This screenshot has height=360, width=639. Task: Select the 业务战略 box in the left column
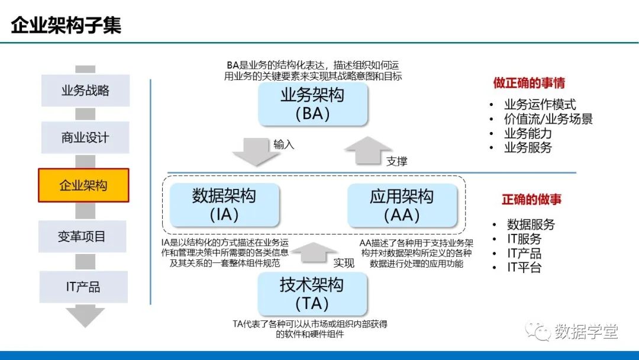85,91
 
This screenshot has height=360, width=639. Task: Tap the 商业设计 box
85,137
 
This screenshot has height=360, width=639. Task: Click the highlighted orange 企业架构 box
83,185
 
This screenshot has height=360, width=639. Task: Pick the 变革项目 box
82,237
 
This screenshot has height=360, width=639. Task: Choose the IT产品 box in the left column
83,287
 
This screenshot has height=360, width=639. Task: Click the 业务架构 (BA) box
312,104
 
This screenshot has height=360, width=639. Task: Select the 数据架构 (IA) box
224,205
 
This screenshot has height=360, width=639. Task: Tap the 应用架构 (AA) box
402,205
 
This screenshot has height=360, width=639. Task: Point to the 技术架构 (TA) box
312,294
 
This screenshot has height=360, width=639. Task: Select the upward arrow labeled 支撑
368,150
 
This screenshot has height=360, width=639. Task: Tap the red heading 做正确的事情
529,83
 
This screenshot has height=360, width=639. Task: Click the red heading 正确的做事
531,200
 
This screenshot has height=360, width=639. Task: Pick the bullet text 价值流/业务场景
548,119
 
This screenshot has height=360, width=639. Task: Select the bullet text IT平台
524,267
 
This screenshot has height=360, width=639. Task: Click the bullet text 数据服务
531,224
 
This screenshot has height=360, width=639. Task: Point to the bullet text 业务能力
528,133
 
